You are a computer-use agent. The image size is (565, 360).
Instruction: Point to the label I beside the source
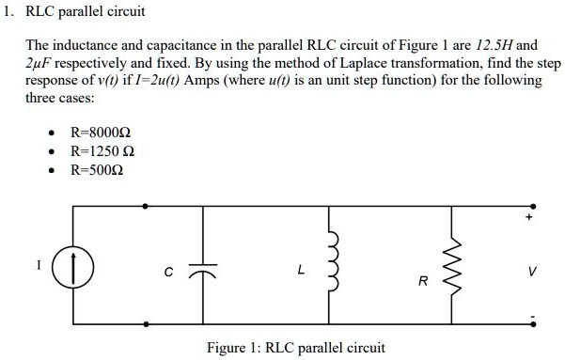coord(39,265)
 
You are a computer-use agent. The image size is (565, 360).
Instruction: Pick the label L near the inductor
coord(300,271)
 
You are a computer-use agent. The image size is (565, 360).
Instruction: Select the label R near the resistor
coord(423,281)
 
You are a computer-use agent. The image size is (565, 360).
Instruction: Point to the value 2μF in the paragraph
coord(41,62)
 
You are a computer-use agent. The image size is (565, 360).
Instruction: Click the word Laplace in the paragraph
coord(369,62)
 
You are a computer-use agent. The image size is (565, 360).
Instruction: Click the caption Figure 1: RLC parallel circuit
coord(295,347)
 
